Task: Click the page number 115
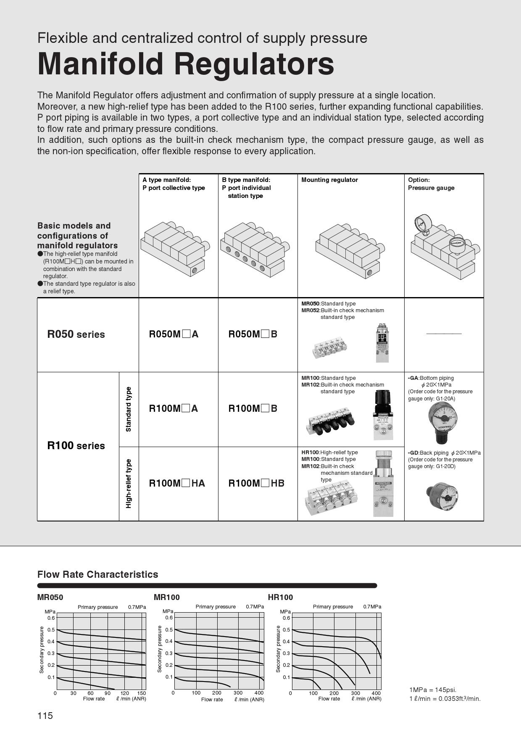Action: pyautogui.click(x=45, y=716)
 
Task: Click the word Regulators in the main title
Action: pyautogui.click(x=254, y=64)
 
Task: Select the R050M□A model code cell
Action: pyautogui.click(x=174, y=334)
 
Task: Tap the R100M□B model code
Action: pyautogui.click(x=253, y=408)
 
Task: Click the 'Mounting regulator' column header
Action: pyautogui.click(x=329, y=180)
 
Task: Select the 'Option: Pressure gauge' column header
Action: pyautogui.click(x=431, y=184)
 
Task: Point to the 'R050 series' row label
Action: pyautogui.click(x=76, y=334)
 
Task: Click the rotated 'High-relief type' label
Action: pyautogui.click(x=129, y=484)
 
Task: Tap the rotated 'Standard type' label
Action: pyautogui.click(x=129, y=409)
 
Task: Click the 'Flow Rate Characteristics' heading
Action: pyautogui.click(x=97, y=574)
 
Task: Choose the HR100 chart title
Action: pyautogui.click(x=280, y=597)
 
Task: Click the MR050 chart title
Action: pyautogui.click(x=50, y=597)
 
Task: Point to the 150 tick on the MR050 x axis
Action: pyautogui.click(x=142, y=693)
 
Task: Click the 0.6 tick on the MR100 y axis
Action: pyautogui.click(x=169, y=618)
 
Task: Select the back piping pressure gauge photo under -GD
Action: pyautogui.click(x=442, y=496)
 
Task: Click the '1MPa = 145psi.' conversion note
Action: pyautogui.click(x=433, y=690)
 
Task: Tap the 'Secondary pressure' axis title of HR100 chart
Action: pyautogui.click(x=278, y=649)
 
